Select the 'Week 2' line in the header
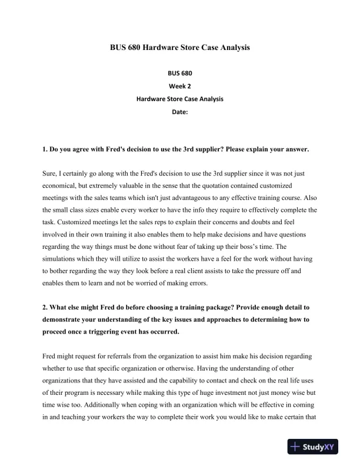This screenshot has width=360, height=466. click(180, 86)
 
